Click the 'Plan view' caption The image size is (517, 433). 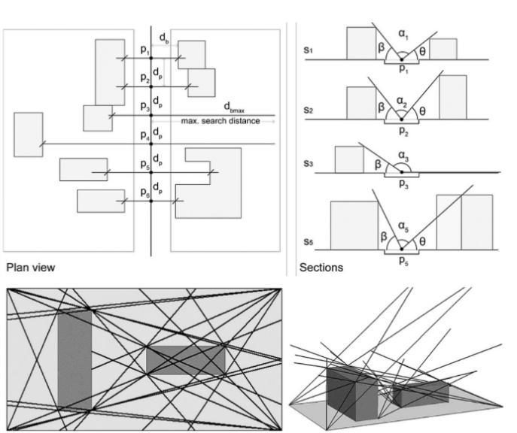click(x=31, y=267)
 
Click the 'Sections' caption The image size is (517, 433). click(x=321, y=268)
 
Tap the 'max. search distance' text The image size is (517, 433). click(x=220, y=121)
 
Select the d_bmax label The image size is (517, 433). click(x=234, y=107)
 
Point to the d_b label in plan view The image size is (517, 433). click(x=164, y=38)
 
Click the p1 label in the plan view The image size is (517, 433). click(x=145, y=50)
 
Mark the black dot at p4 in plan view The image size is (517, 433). click(x=151, y=144)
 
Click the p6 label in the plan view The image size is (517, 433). click(x=145, y=192)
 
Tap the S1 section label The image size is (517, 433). click(x=308, y=50)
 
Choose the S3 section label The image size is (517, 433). click(x=308, y=164)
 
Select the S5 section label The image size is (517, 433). click(x=308, y=242)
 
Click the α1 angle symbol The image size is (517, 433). click(x=403, y=35)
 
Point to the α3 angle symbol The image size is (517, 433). click(x=403, y=156)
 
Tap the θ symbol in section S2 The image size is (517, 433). click(x=422, y=111)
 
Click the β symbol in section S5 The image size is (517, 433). click(x=384, y=237)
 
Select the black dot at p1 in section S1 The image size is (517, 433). click(x=402, y=59)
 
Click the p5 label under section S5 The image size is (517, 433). click(x=403, y=260)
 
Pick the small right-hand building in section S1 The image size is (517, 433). click(x=443, y=49)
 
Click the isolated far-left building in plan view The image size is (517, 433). click(x=29, y=135)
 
